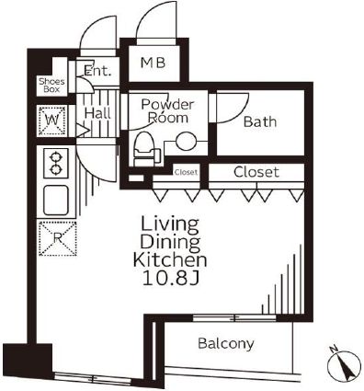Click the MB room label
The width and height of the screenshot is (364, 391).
click(153, 63)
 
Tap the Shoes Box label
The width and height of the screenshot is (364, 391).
click(51, 86)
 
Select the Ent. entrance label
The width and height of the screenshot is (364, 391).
click(97, 71)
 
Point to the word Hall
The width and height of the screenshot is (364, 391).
click(97, 113)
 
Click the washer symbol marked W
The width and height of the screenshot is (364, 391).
click(51, 121)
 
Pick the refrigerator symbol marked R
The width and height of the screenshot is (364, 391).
click(58, 238)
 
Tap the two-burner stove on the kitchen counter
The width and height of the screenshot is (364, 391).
click(55, 163)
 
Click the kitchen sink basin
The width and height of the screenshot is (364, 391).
click(56, 201)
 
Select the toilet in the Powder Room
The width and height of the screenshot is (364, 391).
click(144, 149)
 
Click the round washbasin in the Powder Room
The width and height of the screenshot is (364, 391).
click(186, 142)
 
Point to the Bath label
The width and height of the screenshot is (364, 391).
click(260, 121)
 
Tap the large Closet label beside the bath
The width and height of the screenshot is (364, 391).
click(256, 172)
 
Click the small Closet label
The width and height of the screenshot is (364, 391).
click(186, 172)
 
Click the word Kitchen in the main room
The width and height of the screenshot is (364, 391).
click(170, 260)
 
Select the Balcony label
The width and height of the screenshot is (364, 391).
click(226, 343)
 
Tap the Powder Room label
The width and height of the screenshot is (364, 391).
click(167, 111)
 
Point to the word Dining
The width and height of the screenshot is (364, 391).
click(170, 242)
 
